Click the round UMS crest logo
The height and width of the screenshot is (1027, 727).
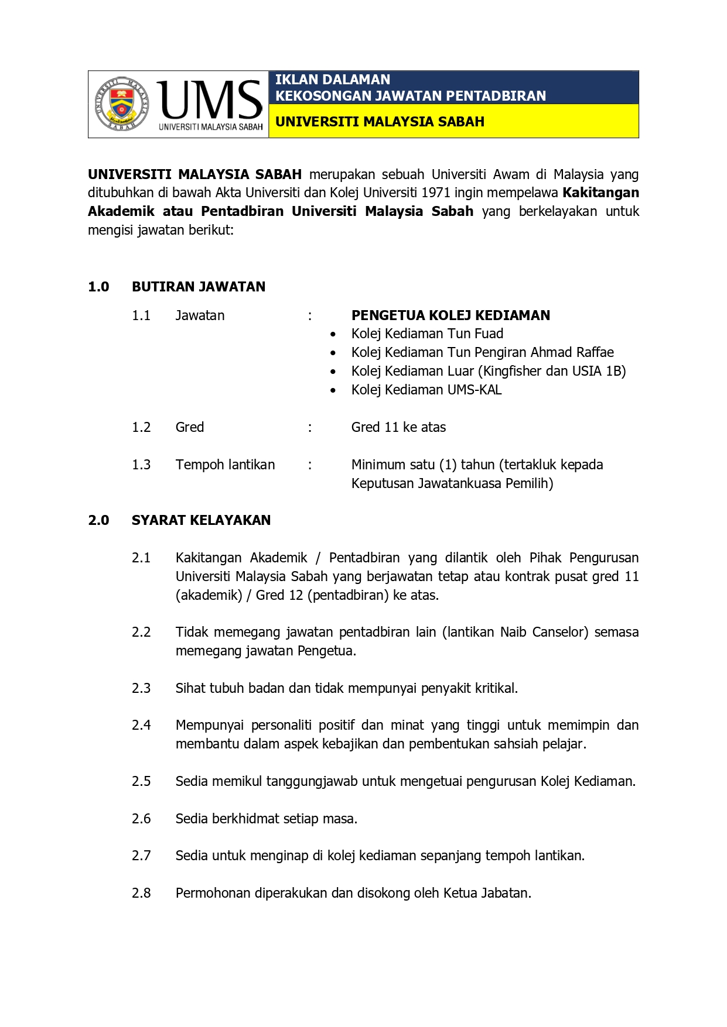[x=122, y=104]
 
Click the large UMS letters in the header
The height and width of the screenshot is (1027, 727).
[x=210, y=99]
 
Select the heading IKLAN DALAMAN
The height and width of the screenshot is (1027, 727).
[x=332, y=80]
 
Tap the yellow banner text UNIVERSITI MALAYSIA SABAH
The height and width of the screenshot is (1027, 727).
[x=380, y=122]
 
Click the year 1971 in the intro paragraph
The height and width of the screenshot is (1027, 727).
[x=436, y=193]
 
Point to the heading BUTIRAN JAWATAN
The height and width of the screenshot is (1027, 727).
[x=199, y=287]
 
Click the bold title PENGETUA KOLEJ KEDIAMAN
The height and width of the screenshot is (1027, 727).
[x=450, y=315]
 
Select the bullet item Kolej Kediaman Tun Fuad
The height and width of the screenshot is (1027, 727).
[x=427, y=334]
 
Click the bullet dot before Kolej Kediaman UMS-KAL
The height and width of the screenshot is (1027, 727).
[x=333, y=390]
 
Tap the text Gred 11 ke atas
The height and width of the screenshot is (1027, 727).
[x=398, y=427]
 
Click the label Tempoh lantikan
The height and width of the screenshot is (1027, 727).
[x=225, y=465]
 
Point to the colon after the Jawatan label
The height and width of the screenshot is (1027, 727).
[x=310, y=316]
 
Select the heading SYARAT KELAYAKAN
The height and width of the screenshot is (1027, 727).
[x=201, y=520]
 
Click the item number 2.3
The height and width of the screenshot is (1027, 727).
[x=141, y=688]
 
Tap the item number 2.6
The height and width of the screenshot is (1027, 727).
[x=141, y=819]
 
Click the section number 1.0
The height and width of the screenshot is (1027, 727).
[x=98, y=287]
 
